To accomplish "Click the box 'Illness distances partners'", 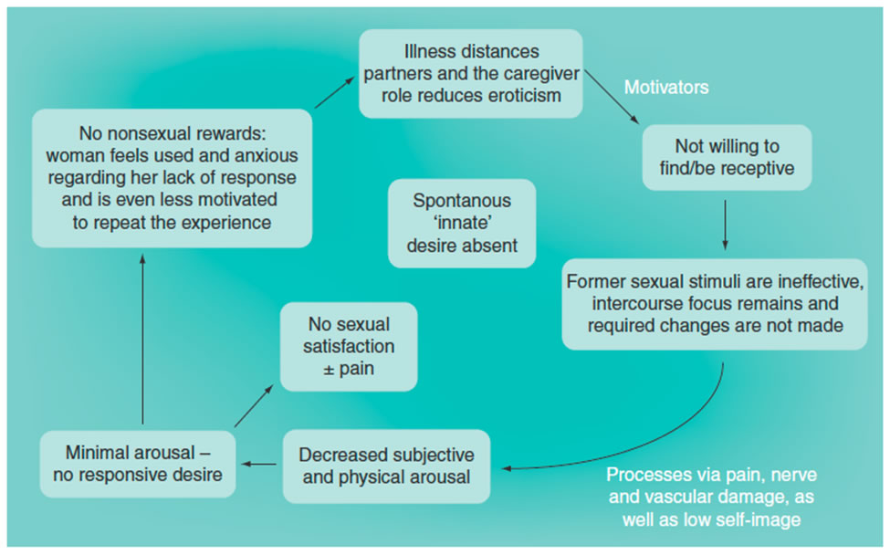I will [470, 73].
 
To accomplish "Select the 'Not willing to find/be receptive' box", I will [727, 157].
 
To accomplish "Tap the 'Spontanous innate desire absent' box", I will [461, 223].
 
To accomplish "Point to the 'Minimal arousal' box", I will [137, 463].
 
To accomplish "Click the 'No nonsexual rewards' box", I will [172, 178].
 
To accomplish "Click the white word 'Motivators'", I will [666, 88].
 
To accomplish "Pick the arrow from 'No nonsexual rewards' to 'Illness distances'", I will [335, 94].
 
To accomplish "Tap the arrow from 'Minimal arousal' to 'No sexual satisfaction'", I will [253, 405].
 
